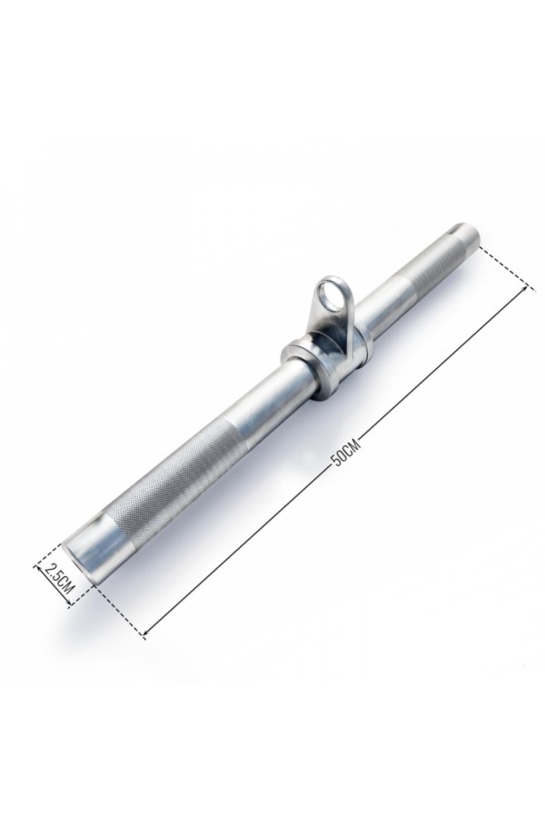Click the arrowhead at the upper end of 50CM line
click(530, 287)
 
